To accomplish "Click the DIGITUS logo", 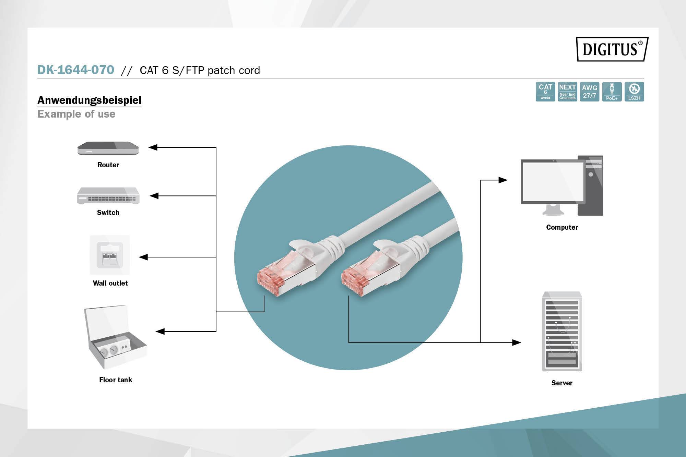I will (612, 49).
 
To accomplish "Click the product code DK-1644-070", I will (76, 70).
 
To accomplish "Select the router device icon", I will (108, 148).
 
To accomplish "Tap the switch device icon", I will (108, 195).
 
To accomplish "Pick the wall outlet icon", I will (110, 255).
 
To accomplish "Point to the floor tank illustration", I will (115, 338).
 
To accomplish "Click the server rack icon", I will (562, 332).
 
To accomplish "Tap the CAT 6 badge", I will (545, 92).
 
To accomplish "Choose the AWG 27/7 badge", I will (590, 92).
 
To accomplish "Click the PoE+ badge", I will (612, 92).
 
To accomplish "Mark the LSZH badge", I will (634, 92).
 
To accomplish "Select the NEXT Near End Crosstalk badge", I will (567, 92).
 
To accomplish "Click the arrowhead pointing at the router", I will (153, 147).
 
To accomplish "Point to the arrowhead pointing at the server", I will (516, 342).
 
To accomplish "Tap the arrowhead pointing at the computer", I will (503, 180).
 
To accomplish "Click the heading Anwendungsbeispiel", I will (89, 100).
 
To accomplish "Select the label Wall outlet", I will (110, 283).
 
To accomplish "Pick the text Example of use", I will (76, 114).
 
